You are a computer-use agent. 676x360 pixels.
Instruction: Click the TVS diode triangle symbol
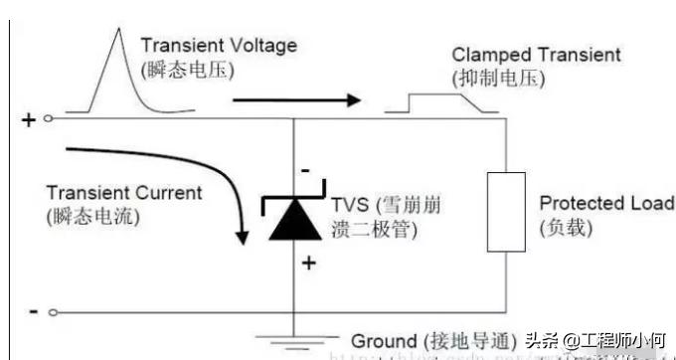click(x=294, y=224)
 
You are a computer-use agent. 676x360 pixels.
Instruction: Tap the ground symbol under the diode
click(x=294, y=343)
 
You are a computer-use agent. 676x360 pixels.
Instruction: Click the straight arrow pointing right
click(x=298, y=99)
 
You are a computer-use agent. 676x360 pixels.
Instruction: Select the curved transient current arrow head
click(x=240, y=237)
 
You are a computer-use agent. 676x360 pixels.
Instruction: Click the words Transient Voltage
click(x=218, y=46)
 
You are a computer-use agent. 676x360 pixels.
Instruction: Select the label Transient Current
click(x=123, y=193)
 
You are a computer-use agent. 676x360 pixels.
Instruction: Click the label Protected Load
click(x=605, y=204)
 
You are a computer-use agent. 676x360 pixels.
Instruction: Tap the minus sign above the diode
click(x=306, y=170)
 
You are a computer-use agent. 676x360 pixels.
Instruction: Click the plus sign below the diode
click(x=307, y=264)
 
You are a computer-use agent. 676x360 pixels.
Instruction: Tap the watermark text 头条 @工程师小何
click(x=594, y=341)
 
